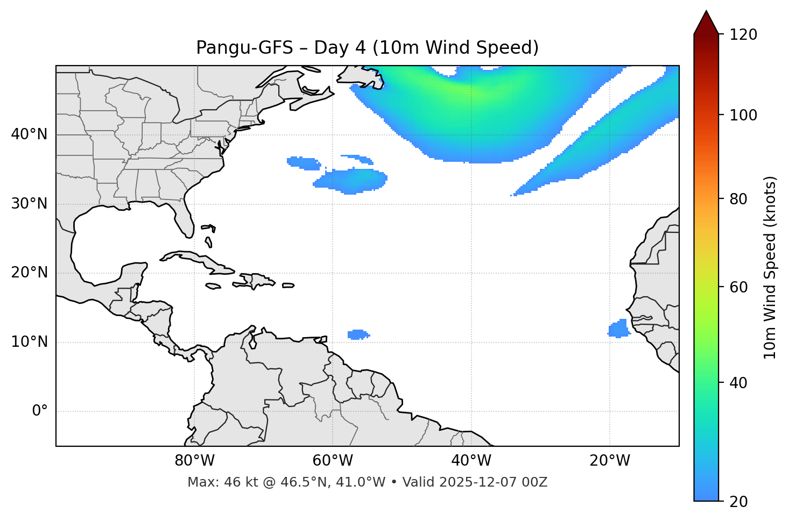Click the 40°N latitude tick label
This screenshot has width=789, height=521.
pos(29,134)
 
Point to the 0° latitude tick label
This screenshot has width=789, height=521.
pos(40,411)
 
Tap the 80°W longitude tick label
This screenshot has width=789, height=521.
pos(194,461)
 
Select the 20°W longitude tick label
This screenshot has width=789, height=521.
pos(610,461)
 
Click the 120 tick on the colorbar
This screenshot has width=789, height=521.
pos(743,35)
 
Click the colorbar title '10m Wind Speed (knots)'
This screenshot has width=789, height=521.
pos(770,267)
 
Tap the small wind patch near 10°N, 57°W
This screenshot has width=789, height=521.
pos(357,334)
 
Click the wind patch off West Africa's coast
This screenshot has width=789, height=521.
pos(619,329)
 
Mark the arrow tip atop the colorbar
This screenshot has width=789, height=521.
pos(706,12)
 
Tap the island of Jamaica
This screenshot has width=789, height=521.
pos(213,286)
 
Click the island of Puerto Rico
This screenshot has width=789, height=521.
pos(288,286)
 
